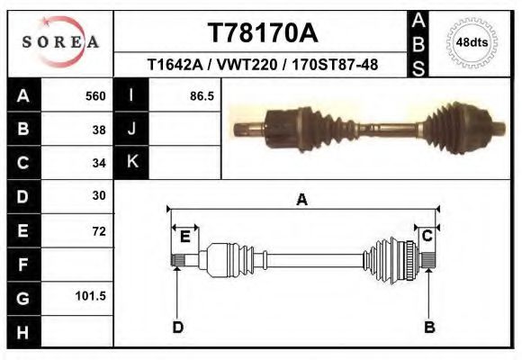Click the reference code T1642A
(x=177, y=66)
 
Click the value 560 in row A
(x=95, y=95)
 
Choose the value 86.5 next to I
(x=202, y=95)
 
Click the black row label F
(x=22, y=265)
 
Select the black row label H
(x=22, y=331)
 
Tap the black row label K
(x=131, y=162)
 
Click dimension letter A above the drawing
(x=302, y=200)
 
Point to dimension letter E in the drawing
(x=184, y=237)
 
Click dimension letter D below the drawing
(x=177, y=327)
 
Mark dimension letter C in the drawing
(x=427, y=236)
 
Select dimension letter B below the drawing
(x=429, y=327)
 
